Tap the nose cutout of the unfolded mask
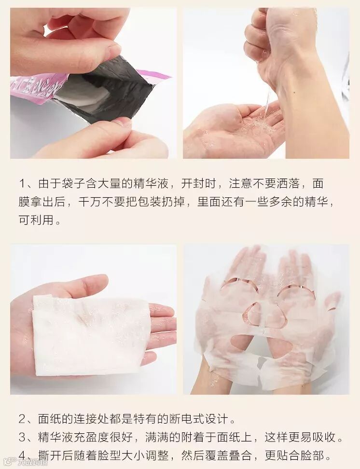[x=263, y=316]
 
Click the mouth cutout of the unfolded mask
[x=261, y=345]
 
